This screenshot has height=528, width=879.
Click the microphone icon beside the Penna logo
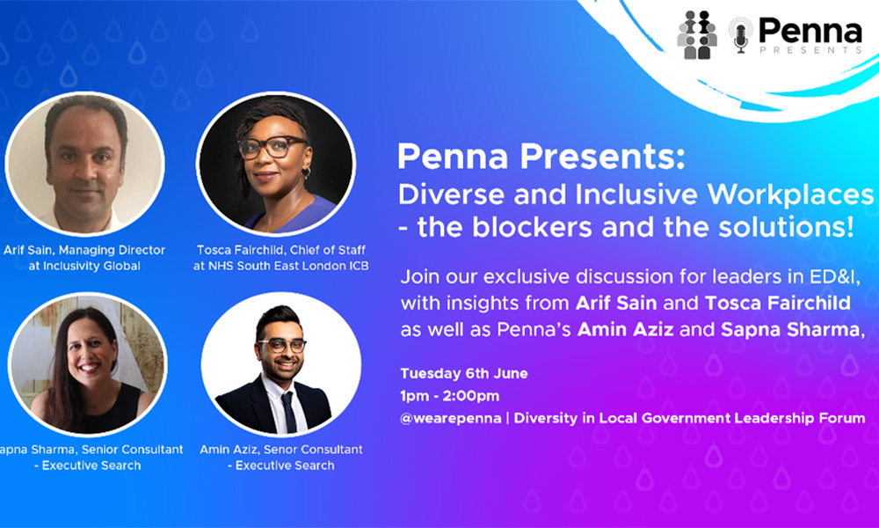740,35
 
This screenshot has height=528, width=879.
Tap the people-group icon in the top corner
697,35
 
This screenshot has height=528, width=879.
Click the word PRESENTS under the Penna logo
810,50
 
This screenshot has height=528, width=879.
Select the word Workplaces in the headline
790,194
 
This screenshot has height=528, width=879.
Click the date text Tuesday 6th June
464,374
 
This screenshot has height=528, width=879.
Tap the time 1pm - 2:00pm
449,396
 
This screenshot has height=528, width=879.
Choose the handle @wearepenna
451,419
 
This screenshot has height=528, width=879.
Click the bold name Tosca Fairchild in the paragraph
778,303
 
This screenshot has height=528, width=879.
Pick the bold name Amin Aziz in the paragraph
625,329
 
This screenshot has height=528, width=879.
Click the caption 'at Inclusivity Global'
84,266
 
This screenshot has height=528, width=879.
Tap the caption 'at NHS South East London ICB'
281,266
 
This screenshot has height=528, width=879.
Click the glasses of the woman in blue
272,147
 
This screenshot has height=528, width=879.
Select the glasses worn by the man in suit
281,345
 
